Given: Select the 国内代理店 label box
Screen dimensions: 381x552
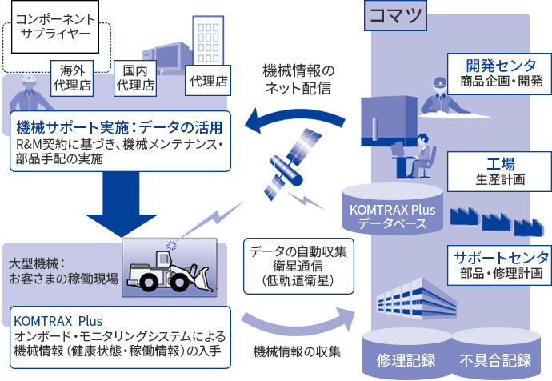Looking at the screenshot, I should (134, 76).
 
